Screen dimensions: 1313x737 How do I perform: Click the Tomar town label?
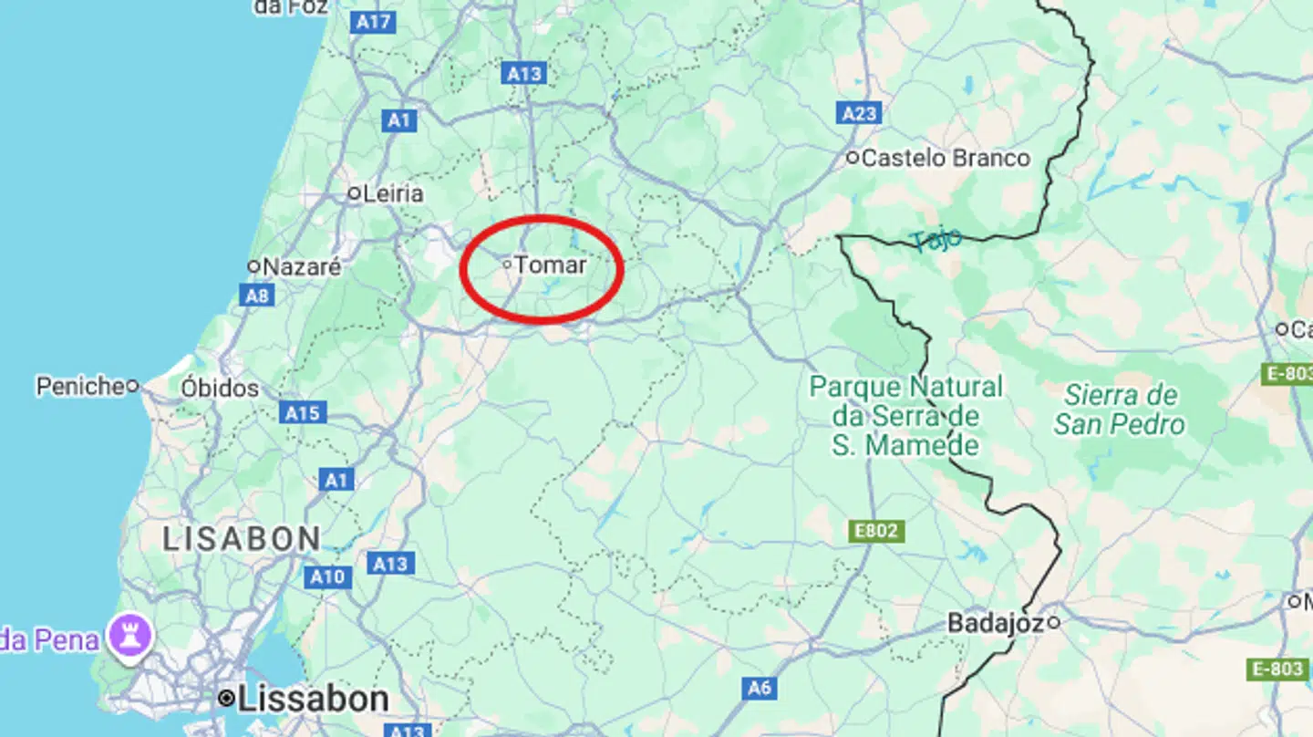(551, 265)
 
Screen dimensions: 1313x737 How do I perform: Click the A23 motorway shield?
(859, 113)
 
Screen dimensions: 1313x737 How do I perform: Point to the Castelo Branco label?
(946, 158)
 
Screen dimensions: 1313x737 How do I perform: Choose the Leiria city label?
(393, 193)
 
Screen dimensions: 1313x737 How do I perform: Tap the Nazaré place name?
(302, 267)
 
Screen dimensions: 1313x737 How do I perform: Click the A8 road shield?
(257, 296)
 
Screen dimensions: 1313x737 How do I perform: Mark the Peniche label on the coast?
(80, 386)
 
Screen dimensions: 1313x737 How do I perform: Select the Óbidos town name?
(220, 388)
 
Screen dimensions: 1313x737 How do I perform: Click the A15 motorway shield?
(302, 413)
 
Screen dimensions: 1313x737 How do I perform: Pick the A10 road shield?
(327, 576)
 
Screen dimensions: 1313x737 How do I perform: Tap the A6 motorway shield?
(760, 688)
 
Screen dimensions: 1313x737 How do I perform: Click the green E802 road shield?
(876, 531)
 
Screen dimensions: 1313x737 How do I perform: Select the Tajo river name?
(936, 239)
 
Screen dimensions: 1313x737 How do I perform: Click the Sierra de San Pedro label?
(1121, 410)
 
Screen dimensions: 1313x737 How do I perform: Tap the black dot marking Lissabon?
(226, 699)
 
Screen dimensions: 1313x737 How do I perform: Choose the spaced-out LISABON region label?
(242, 538)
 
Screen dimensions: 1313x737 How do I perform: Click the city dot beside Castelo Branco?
(853, 158)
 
